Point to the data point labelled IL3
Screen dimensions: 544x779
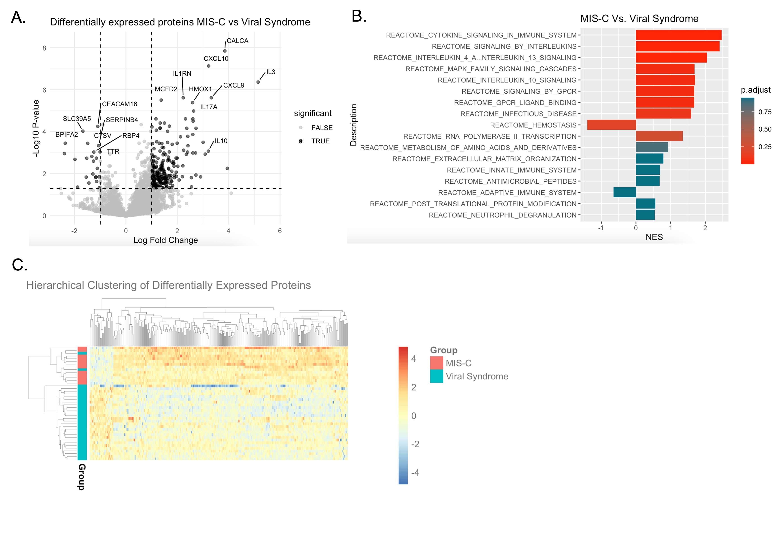(258, 82)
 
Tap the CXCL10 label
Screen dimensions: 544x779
(216, 58)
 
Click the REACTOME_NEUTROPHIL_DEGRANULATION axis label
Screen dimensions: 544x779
(502, 215)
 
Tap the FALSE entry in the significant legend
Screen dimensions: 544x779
(322, 128)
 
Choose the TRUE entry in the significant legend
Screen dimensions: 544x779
(320, 141)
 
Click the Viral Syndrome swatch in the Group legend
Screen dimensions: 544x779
(436, 376)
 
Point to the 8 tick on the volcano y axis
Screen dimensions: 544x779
(44, 48)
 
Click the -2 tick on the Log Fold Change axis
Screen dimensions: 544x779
(74, 231)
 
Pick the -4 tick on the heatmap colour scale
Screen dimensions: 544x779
(415, 472)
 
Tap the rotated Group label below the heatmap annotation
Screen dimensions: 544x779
(82, 477)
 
